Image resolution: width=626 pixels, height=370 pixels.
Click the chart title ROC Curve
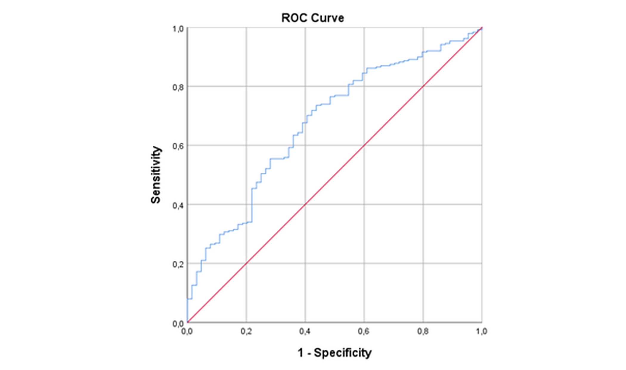pyautogui.click(x=312, y=18)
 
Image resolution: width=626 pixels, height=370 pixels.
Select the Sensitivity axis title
pyautogui.click(x=156, y=175)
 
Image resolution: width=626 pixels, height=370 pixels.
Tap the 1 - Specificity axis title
pyautogui.click(x=334, y=353)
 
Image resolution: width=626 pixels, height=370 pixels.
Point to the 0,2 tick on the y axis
pyautogui.click(x=177, y=264)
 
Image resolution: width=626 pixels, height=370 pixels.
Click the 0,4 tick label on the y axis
pyautogui.click(x=177, y=205)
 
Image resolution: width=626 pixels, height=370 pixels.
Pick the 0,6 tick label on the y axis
pyautogui.click(x=177, y=146)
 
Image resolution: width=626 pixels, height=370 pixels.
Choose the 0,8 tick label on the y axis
pyautogui.click(x=177, y=87)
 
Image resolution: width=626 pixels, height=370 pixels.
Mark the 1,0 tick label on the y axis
pyautogui.click(x=177, y=29)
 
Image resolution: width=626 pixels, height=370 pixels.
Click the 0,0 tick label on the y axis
pyautogui.click(x=177, y=323)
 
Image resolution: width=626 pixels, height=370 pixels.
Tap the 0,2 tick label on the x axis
pyautogui.click(x=246, y=331)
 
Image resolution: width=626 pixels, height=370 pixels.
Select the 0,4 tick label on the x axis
pyautogui.click(x=305, y=331)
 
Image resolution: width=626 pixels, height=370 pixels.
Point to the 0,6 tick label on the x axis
pyautogui.click(x=364, y=331)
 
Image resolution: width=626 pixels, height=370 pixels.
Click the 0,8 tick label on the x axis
pyautogui.click(x=423, y=331)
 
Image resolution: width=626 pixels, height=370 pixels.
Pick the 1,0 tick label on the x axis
pyautogui.click(x=481, y=331)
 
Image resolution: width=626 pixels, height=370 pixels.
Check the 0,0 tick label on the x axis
pyautogui.click(x=187, y=331)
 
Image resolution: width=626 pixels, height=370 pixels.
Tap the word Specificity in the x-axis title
pyautogui.click(x=343, y=353)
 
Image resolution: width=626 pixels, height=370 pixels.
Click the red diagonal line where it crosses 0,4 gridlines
pyautogui.click(x=305, y=205)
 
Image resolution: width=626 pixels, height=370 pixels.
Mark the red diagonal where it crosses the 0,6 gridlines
pyautogui.click(x=364, y=145)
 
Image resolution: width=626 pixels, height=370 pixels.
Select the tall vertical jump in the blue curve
pyautogui.click(x=252, y=205)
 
